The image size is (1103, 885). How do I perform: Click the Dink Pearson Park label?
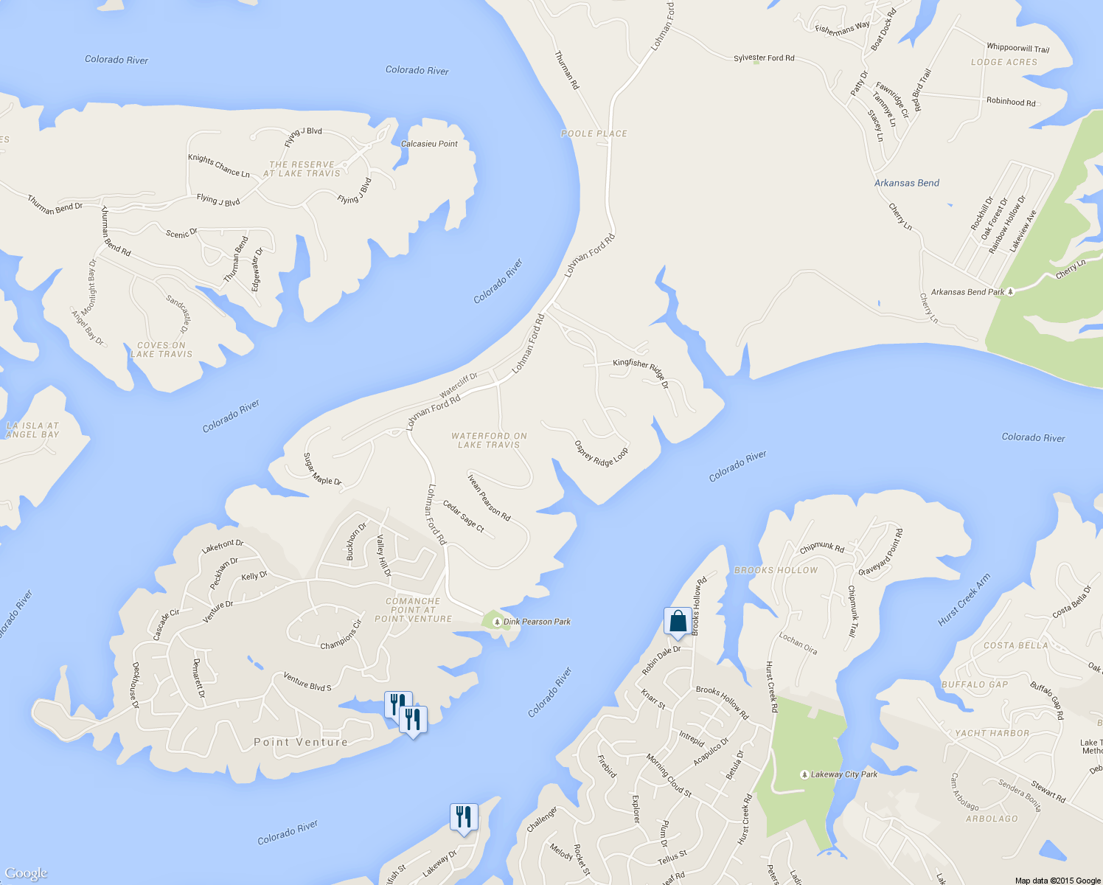[536, 622]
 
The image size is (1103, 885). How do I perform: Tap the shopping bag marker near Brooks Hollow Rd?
[678, 621]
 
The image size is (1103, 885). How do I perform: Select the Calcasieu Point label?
[429, 144]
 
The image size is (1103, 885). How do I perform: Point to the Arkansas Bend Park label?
[967, 292]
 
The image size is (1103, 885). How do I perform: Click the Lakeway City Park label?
[843, 774]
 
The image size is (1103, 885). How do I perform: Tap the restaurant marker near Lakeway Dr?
[464, 817]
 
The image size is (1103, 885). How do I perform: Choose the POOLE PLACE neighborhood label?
[594, 133]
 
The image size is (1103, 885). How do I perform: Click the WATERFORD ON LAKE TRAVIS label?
[489, 440]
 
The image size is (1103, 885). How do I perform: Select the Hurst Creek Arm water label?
[964, 600]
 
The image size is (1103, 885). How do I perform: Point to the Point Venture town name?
[301, 742]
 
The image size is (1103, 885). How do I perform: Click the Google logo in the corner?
[26, 873]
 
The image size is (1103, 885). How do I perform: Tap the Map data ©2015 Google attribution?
[1057, 881]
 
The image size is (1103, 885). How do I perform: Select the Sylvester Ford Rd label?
[764, 58]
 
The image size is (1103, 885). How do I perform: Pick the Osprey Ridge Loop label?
[601, 454]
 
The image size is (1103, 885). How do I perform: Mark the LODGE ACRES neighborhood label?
[1003, 63]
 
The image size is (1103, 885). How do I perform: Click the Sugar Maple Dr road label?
[322, 470]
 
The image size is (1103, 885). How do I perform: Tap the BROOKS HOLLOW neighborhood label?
[776, 570]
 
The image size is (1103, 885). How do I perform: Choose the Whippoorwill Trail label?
[1017, 48]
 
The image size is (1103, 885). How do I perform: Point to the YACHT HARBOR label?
[992, 733]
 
